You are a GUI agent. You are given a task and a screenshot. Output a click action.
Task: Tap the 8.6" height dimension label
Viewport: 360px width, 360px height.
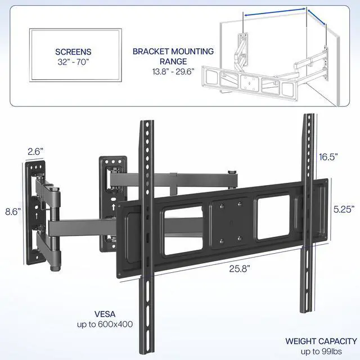tap(12, 211)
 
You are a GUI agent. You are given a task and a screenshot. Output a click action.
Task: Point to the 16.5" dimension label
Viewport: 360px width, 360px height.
tap(331, 157)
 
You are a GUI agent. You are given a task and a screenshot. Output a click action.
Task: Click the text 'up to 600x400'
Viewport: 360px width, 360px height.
tap(102, 325)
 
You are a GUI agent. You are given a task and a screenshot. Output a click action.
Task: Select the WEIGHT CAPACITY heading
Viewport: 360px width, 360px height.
tap(321, 341)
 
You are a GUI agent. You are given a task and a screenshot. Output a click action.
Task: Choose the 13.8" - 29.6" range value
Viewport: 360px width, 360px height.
tap(173, 72)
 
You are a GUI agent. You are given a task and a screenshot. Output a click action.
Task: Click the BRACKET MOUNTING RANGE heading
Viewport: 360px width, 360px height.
tap(173, 56)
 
